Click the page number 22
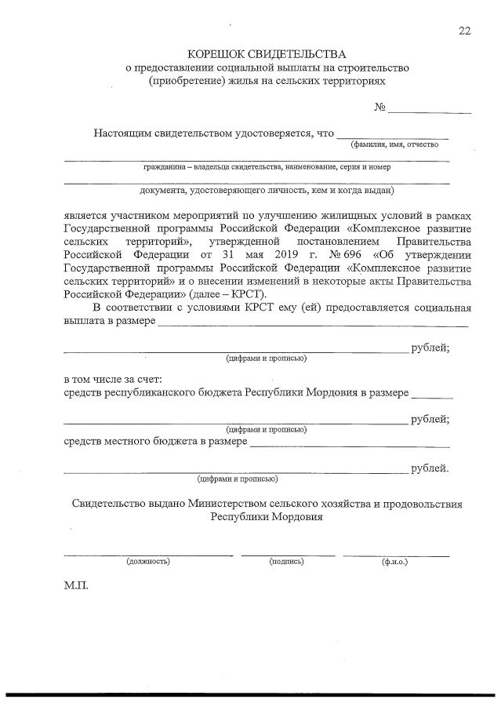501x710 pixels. click(x=465, y=31)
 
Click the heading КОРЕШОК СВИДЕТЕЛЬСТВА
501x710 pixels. click(x=267, y=54)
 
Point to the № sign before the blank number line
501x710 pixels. click(x=379, y=107)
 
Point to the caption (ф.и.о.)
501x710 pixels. click(x=396, y=562)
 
